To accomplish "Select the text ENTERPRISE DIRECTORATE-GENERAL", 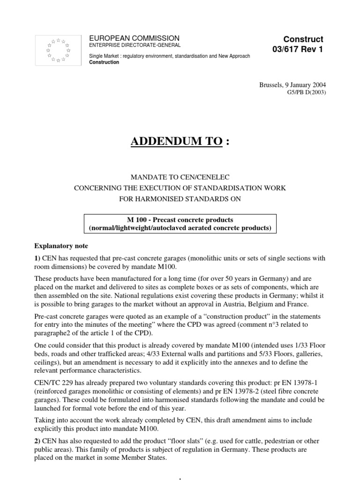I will point(135,45).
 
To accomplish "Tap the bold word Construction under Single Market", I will point(104,62).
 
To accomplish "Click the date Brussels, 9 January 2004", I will point(292,85).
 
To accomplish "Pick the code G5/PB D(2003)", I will point(305,92).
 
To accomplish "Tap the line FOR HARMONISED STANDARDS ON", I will point(180,199).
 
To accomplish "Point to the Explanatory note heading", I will point(61,246).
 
